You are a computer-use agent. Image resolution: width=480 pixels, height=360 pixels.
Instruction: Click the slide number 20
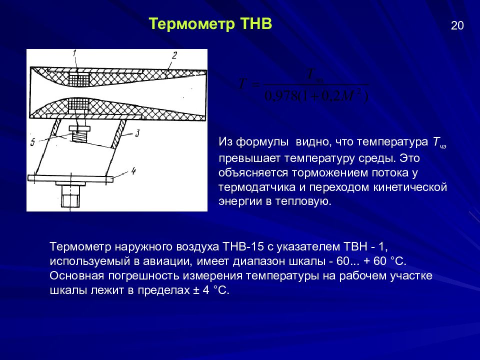[457, 26]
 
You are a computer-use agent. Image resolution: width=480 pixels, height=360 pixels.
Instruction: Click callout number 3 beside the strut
[137, 134]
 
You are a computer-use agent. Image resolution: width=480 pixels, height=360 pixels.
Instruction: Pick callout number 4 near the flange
[133, 171]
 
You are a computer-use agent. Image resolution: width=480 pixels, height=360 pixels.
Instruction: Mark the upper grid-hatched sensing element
[77, 78]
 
